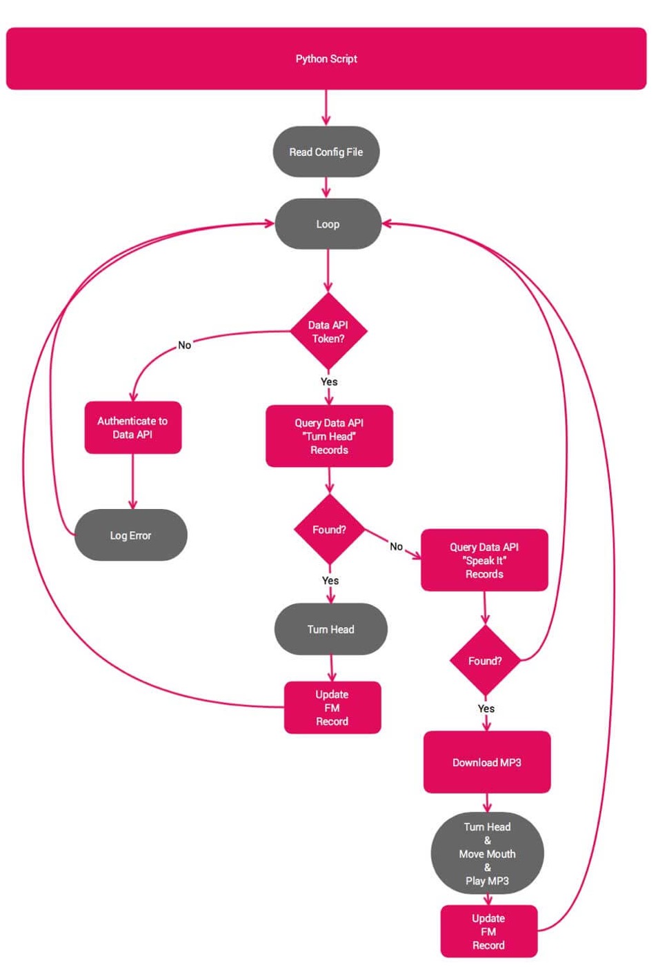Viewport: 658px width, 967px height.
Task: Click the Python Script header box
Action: click(326, 59)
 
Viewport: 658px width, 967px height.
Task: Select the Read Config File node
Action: click(326, 152)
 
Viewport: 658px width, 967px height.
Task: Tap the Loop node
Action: click(328, 224)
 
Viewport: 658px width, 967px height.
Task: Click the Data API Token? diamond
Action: click(328, 332)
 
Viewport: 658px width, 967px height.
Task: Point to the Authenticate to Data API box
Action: click(132, 428)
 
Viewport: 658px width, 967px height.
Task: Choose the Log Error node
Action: click(130, 535)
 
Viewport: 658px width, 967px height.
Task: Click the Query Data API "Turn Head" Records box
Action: click(329, 436)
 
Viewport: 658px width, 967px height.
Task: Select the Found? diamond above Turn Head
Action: click(329, 530)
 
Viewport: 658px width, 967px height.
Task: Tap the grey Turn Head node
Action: click(330, 629)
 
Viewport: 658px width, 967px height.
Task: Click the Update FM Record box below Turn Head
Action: click(332, 708)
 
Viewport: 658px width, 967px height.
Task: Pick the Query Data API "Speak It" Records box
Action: click(484, 560)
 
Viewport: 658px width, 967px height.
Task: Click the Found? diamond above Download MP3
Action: click(485, 661)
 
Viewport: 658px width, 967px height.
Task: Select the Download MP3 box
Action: click(487, 762)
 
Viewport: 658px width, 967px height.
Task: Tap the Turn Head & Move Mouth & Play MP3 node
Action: click(487, 854)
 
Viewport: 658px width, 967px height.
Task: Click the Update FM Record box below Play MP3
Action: click(488, 931)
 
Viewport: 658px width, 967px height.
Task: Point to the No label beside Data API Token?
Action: click(184, 345)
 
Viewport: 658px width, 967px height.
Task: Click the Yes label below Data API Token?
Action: click(329, 381)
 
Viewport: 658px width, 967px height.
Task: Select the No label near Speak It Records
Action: click(396, 546)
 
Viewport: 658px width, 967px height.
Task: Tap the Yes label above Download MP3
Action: click(486, 708)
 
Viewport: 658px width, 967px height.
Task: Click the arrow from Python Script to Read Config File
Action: click(326, 108)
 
